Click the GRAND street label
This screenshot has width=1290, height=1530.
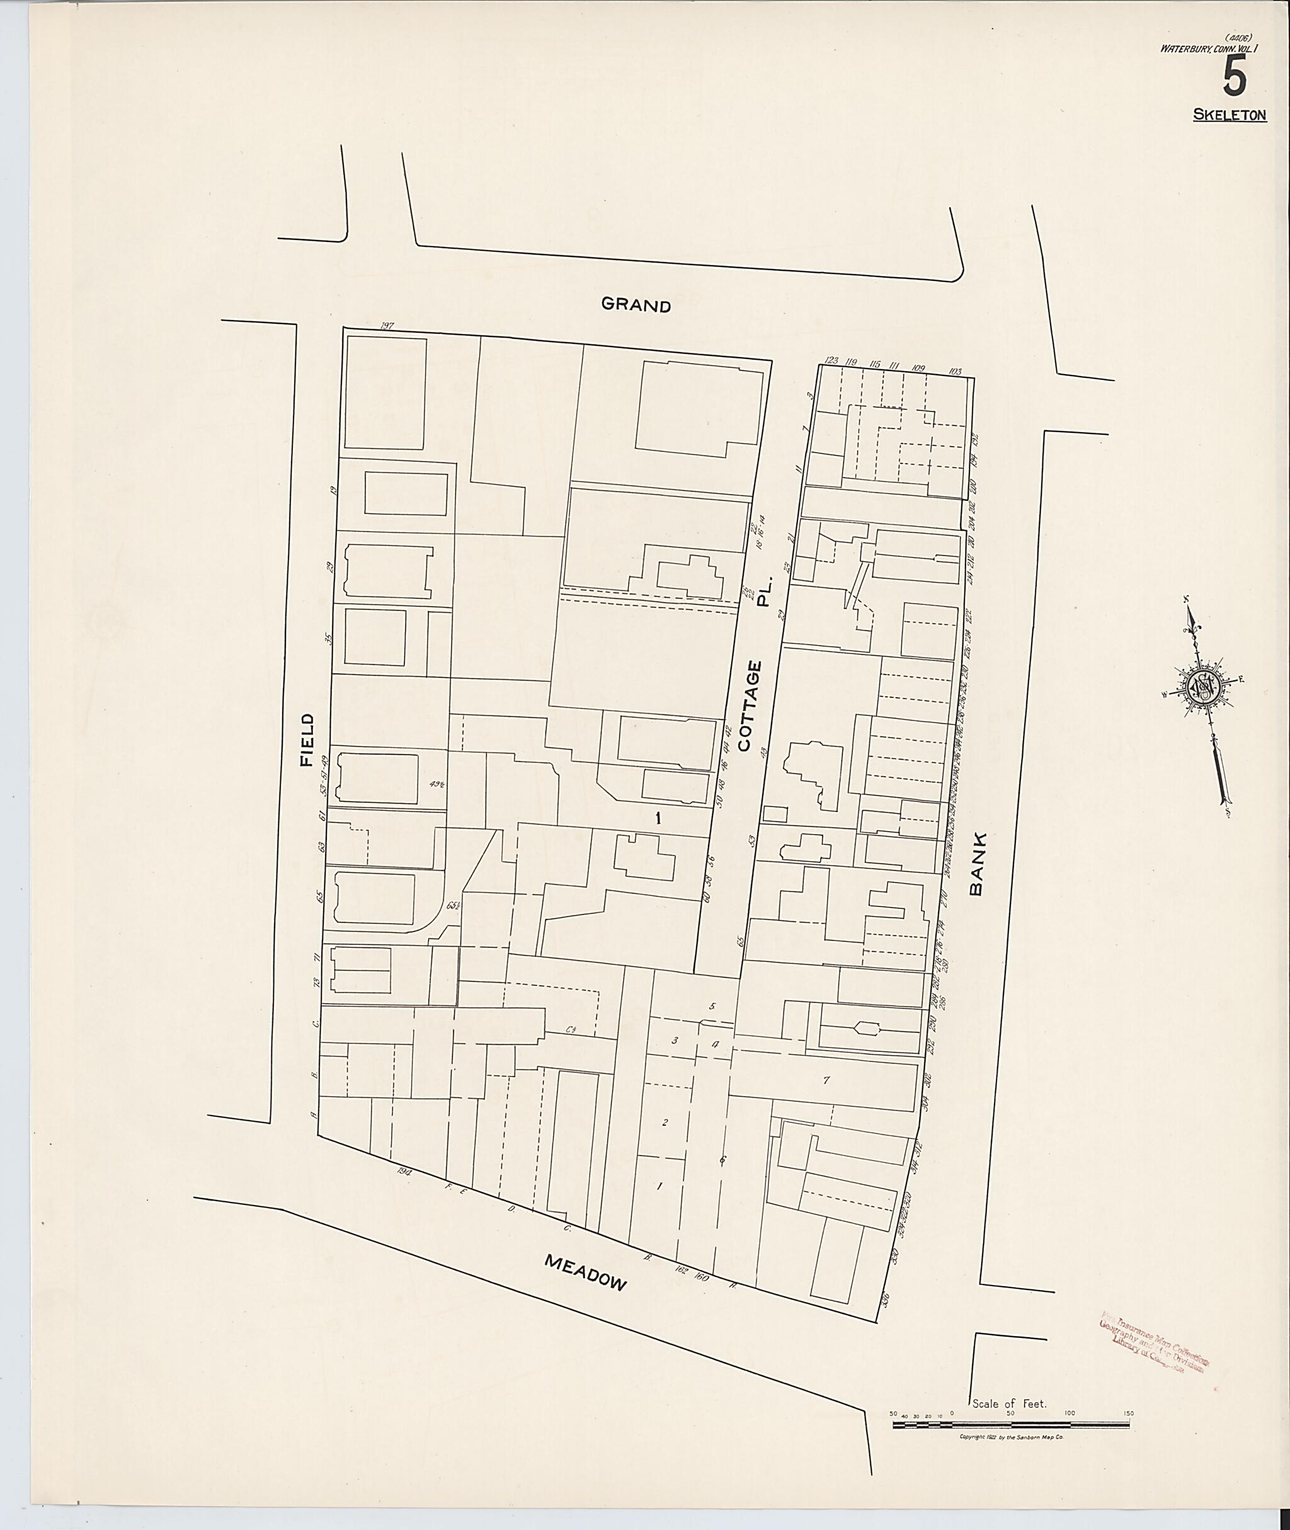636,305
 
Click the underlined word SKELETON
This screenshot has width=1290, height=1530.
1230,115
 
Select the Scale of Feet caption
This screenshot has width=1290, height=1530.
1010,1403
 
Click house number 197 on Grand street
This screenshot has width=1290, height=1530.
387,326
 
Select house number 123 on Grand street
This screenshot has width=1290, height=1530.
831,360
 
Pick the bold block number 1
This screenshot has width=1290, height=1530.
658,818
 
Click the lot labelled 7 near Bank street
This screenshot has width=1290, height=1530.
826,1080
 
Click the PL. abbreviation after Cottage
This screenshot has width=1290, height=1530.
764,600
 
